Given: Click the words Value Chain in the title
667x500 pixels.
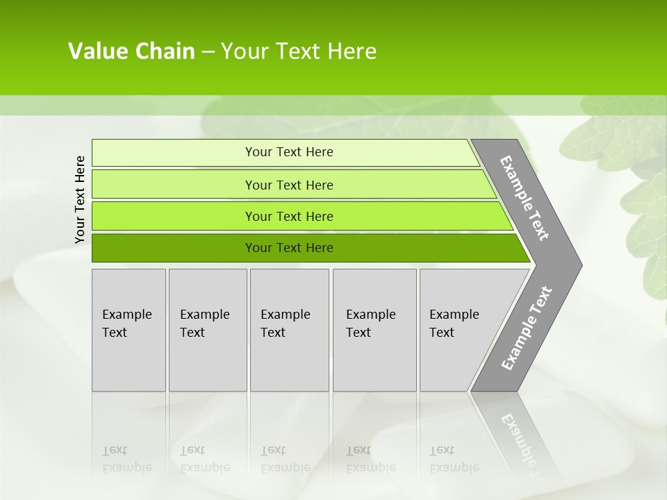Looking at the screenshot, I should pyautogui.click(x=131, y=51).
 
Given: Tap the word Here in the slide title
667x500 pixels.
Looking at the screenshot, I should pyautogui.click(x=352, y=51).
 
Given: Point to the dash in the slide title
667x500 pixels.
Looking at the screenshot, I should pyautogui.click(x=208, y=52).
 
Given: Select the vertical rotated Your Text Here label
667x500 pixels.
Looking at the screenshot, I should pyautogui.click(x=80, y=199).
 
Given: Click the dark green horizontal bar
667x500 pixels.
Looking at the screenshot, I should pyautogui.click(x=174, y=248).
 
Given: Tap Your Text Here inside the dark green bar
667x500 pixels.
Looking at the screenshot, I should pyautogui.click(x=289, y=248).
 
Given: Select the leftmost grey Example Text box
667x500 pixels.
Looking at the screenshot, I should pyautogui.click(x=129, y=330).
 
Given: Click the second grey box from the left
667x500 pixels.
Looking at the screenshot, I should pyautogui.click(x=208, y=330).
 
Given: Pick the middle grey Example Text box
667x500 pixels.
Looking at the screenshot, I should pyautogui.click(x=289, y=330).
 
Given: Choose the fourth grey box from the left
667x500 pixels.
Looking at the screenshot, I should pyautogui.click(x=374, y=330).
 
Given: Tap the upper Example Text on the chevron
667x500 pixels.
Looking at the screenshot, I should pyautogui.click(x=525, y=199).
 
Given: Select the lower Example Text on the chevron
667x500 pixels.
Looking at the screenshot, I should pyautogui.click(x=526, y=328).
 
